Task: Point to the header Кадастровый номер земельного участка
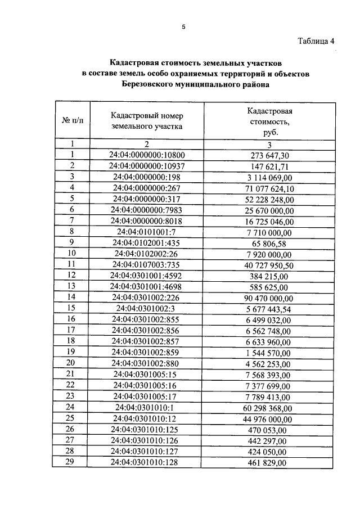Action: point(147,121)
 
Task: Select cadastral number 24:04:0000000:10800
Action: point(147,155)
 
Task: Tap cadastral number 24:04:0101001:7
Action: point(147,231)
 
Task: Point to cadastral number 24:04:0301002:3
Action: point(147,308)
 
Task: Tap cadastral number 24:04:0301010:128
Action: point(147,462)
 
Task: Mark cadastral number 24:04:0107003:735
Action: point(147,264)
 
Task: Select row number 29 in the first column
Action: point(72,462)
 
